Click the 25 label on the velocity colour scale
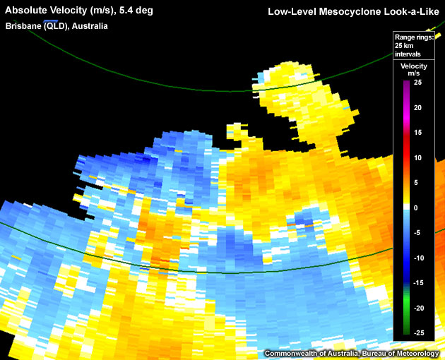[418, 83]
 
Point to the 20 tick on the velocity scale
[418, 108]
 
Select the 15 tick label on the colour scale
[418, 133]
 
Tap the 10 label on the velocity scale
[418, 158]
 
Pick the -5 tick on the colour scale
[417, 233]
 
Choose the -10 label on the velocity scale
[417, 258]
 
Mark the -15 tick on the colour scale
[417, 283]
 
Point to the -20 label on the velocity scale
[417, 308]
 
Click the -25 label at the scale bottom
[417, 333]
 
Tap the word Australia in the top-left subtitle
[89, 25]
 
